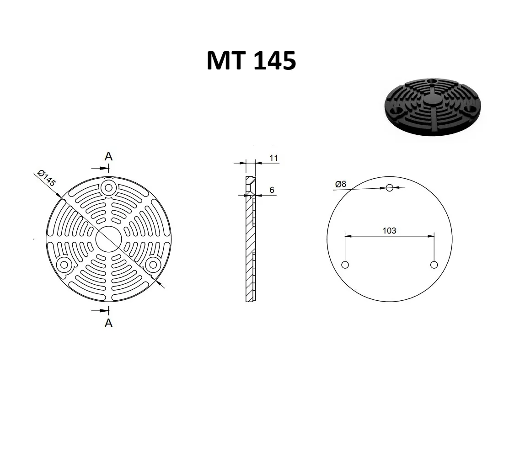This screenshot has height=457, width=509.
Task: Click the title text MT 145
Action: pos(251,61)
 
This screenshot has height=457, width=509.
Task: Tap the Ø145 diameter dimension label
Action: pos(47,178)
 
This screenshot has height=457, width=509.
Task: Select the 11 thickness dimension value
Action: pos(273,158)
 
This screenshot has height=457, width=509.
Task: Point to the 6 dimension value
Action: pos(272,190)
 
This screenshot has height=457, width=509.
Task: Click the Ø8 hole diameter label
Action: pos(341,184)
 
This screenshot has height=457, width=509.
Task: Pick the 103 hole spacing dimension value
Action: pos(389,231)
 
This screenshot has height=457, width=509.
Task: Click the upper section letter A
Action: pos(108,156)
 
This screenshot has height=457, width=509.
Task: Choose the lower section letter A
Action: pos(108,323)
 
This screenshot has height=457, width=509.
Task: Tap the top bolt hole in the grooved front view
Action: pos(108,187)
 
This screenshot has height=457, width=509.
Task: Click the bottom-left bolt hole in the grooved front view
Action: pos(64,265)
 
